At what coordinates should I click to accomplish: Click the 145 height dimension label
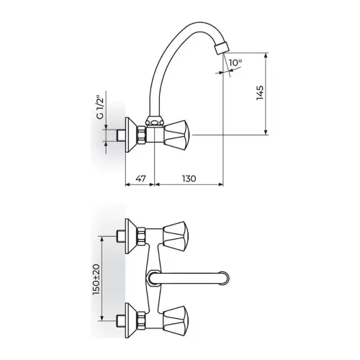tap(260, 93)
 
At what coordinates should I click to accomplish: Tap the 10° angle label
tap(235, 63)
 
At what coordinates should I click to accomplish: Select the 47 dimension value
tap(140, 179)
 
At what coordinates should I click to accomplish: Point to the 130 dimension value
tap(189, 179)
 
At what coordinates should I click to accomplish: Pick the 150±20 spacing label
tap(96, 279)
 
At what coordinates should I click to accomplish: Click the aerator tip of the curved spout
tap(221, 48)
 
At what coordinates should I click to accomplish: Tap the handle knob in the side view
tap(178, 135)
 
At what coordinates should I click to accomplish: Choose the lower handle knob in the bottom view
tap(176, 320)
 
